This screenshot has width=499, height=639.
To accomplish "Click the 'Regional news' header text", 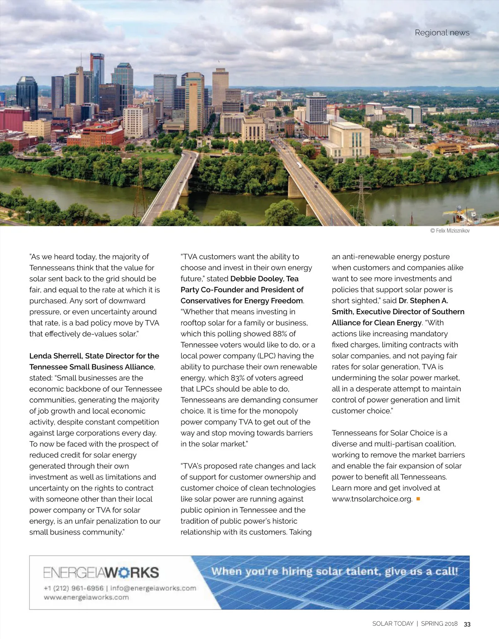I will click(x=442, y=32).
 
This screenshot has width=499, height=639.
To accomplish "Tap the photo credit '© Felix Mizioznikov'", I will click(x=450, y=231).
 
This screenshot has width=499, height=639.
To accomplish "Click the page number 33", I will click(x=467, y=624).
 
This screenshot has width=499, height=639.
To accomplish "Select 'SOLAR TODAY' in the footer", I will click(x=393, y=624).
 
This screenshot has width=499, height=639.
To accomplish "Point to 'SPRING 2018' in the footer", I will click(x=439, y=624).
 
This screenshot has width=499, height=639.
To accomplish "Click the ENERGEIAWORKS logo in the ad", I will click(x=101, y=572).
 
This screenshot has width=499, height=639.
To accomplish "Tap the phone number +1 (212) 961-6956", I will click(x=74, y=588).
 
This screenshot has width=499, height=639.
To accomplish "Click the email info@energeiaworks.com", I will click(x=153, y=588).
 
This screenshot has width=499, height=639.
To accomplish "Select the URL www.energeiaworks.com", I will click(x=86, y=597).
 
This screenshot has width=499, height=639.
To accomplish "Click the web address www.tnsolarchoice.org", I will click(x=372, y=499).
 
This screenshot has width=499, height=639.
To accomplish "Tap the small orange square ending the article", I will click(x=418, y=499).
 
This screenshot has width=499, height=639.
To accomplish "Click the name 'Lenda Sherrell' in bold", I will click(x=55, y=356).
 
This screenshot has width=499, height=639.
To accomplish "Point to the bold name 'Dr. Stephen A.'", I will click(x=423, y=301).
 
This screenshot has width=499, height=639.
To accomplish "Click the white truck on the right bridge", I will click(x=299, y=165).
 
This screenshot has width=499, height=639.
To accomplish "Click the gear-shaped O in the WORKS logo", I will click(x=124, y=573).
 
